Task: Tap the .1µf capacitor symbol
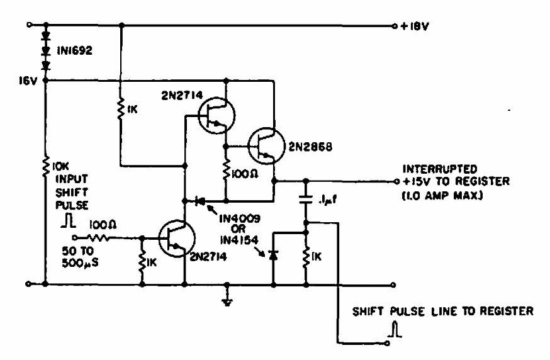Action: point(306,200)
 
